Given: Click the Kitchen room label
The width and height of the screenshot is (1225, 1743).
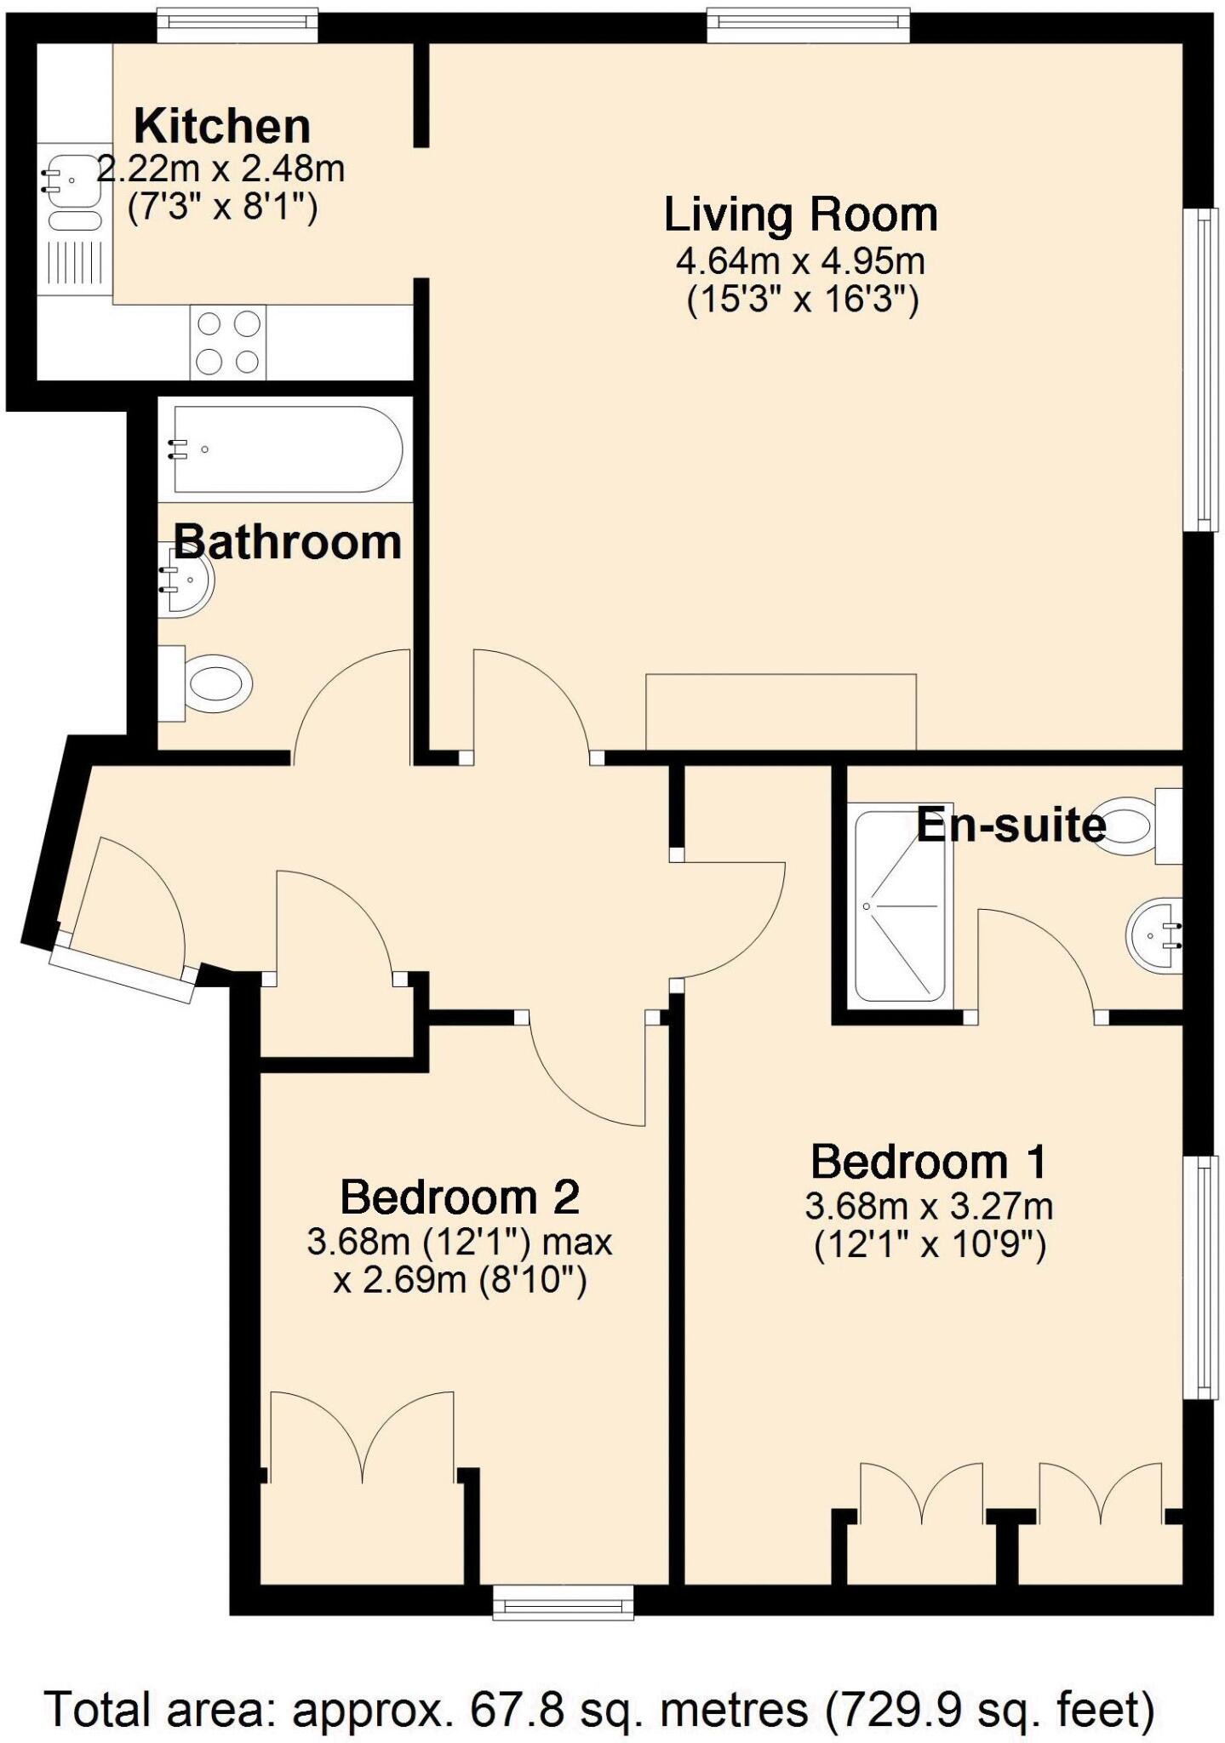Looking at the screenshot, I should tap(222, 127).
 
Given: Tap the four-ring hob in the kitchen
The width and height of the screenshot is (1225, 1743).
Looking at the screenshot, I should tap(227, 342).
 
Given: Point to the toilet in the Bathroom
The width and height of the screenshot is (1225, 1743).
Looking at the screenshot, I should tap(209, 683).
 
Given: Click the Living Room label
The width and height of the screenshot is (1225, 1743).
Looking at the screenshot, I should tap(800, 214).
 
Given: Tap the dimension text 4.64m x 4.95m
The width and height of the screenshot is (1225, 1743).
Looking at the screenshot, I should tap(800, 260).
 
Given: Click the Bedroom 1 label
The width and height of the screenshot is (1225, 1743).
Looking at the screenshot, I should tap(929, 1161).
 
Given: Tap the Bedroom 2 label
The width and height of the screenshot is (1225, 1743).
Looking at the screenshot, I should tap(460, 1197).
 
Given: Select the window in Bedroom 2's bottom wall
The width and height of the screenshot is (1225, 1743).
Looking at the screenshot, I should tap(564, 1604).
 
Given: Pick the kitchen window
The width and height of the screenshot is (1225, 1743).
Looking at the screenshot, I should tap(238, 25).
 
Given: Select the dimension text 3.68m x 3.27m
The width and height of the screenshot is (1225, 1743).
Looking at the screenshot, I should tap(929, 1206).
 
